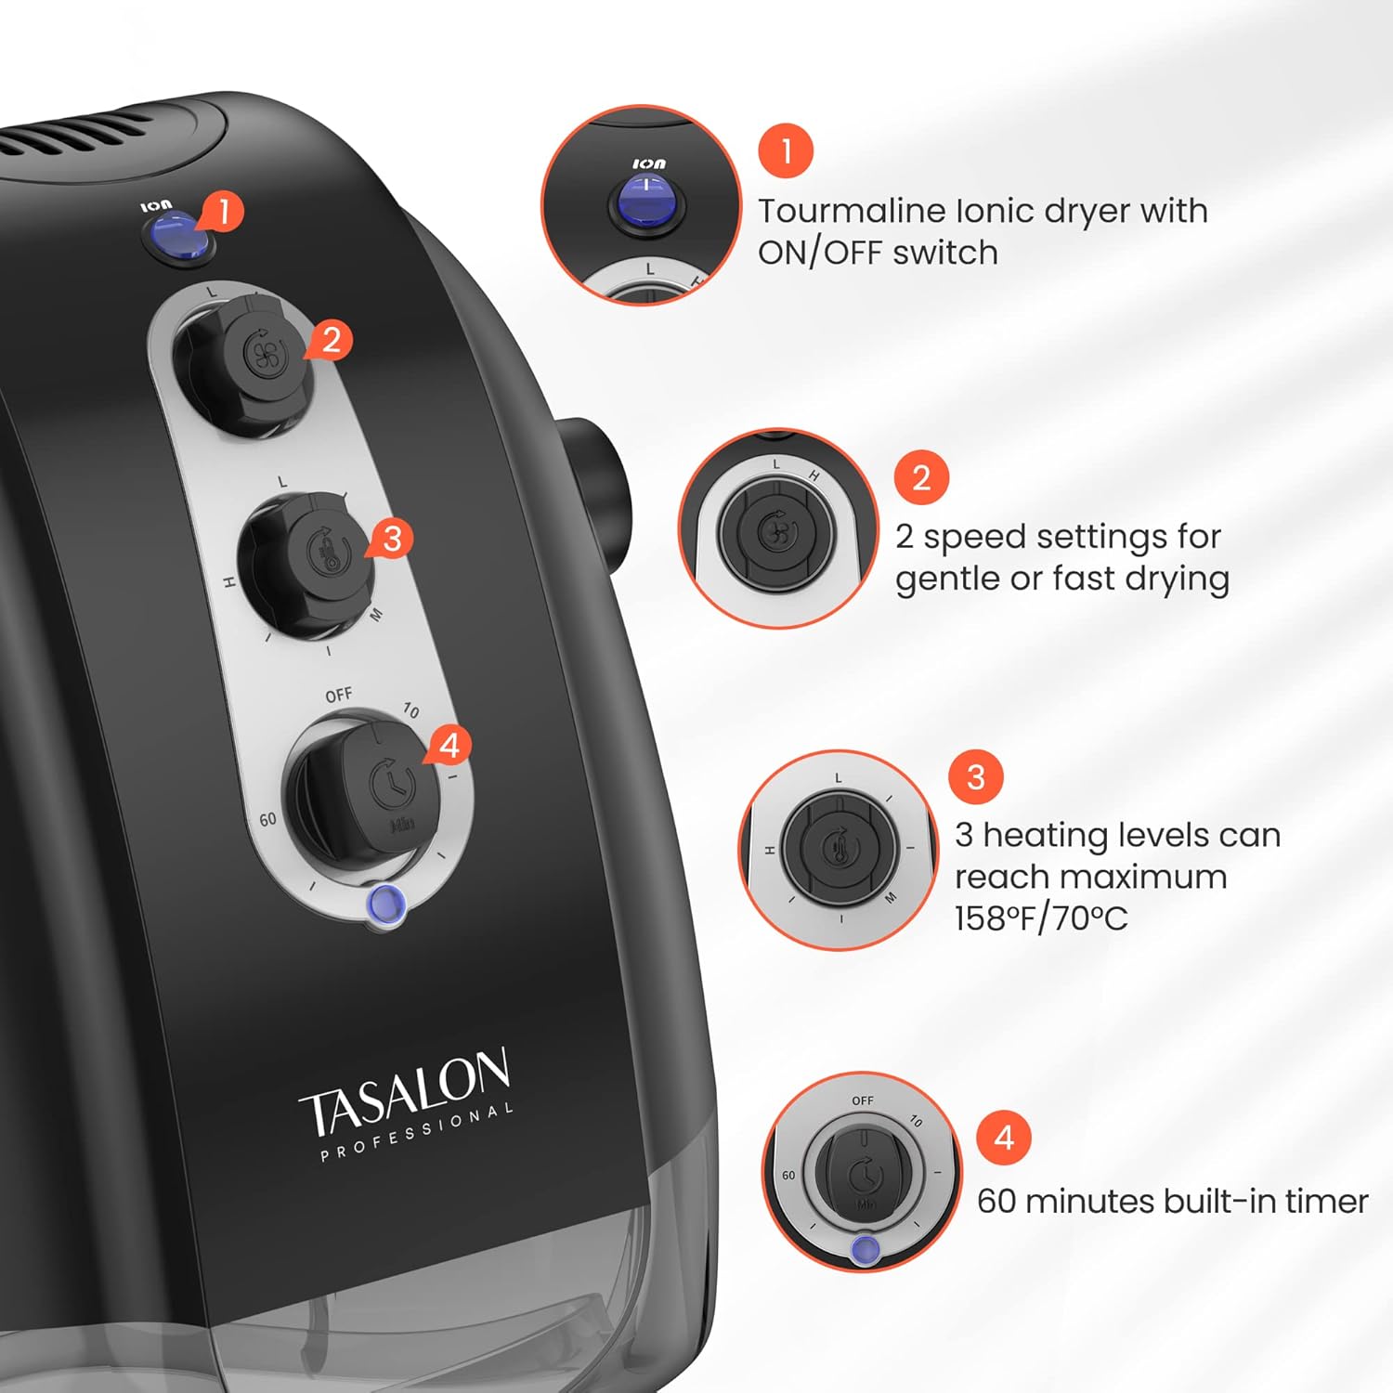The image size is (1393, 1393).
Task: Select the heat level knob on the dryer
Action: click(310, 565)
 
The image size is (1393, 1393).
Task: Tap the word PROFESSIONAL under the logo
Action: click(417, 1133)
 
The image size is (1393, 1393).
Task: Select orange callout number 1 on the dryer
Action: click(221, 211)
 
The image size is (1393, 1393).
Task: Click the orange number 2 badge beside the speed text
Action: click(921, 477)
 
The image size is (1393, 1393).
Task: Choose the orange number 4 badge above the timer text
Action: click(1004, 1138)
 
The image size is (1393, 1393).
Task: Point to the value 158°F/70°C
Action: click(1041, 918)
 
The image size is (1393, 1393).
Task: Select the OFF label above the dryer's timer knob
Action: click(339, 696)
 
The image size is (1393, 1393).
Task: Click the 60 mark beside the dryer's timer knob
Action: click(267, 820)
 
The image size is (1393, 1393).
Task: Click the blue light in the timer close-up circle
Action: click(866, 1250)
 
